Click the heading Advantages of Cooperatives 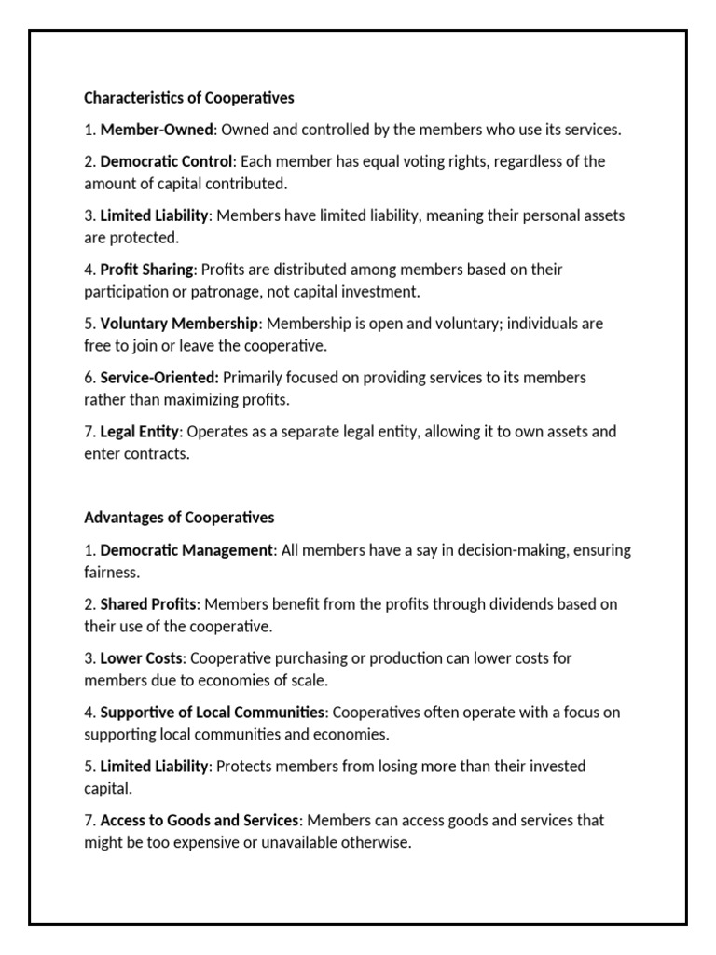tap(179, 517)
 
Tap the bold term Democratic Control tap(166, 161)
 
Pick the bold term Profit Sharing tap(146, 270)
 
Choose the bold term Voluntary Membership tap(179, 324)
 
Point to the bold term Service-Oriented tap(159, 378)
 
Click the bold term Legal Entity tap(140, 432)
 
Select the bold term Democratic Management tap(186, 550)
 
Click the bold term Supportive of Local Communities tap(213, 713)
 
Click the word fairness tap(111, 572)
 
